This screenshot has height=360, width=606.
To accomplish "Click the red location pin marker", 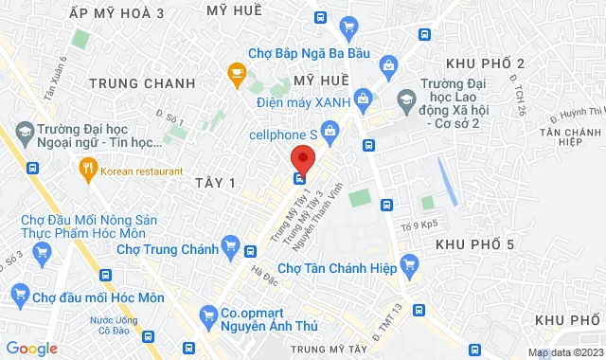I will tap(301, 157).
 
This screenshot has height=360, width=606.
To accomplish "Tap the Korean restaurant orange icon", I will tap(87, 171).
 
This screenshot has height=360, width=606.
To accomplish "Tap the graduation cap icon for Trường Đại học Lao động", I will tap(405, 99).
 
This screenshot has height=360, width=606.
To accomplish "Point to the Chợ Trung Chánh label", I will tap(168, 250).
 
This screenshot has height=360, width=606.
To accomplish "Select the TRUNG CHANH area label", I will tap(142, 83).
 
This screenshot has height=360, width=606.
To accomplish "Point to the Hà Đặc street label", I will tap(262, 273).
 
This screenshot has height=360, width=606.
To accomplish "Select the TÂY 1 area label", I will tap(213, 180).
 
